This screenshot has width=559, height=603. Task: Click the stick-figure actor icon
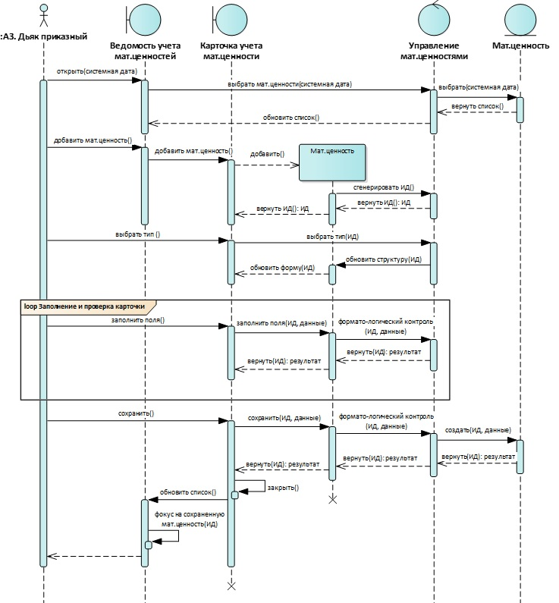point(44,15)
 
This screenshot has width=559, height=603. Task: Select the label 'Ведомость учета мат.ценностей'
point(146,51)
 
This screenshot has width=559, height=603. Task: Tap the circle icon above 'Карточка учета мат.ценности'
point(231,20)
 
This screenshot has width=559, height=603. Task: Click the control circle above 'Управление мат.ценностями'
point(434,19)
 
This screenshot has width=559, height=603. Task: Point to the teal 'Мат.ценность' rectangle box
point(332,162)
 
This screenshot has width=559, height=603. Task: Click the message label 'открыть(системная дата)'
point(97,71)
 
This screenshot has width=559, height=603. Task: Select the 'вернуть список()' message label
point(477,105)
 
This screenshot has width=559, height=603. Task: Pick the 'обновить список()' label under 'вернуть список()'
point(291,118)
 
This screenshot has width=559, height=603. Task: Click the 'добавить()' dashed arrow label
point(267,154)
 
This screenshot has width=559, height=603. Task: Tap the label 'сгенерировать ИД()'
point(384,187)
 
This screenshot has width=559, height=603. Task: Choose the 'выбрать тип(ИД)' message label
point(332,237)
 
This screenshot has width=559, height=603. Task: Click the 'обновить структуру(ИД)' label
point(383,259)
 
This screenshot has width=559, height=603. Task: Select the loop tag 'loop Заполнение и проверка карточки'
point(85,306)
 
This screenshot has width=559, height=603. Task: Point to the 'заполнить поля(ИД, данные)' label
point(281,323)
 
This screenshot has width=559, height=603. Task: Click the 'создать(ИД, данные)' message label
point(478,430)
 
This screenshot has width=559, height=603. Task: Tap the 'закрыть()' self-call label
point(283,488)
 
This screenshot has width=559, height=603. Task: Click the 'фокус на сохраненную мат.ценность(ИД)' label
point(190,519)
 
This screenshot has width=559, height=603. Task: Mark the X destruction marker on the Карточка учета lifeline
point(231,586)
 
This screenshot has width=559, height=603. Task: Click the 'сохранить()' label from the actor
point(136,413)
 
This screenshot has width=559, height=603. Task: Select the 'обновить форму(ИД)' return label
point(282,268)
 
